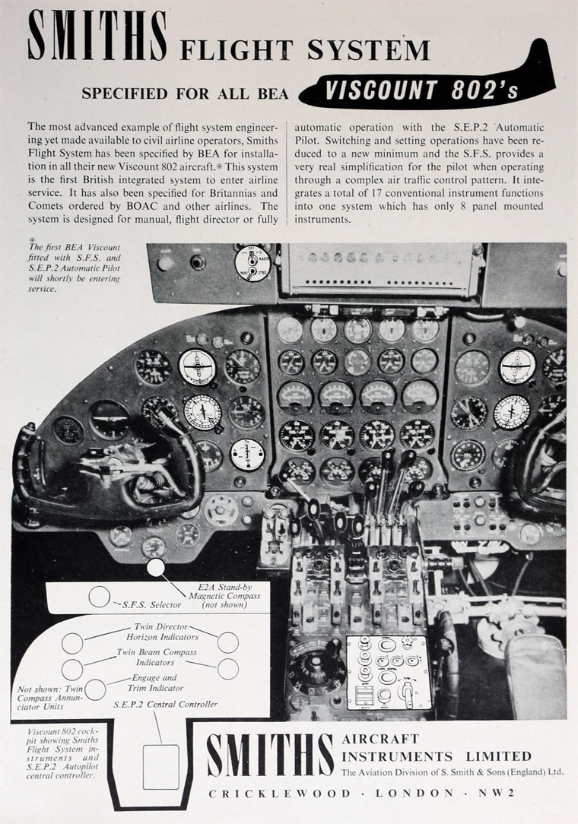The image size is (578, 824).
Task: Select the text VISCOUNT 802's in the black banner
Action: (x=421, y=90)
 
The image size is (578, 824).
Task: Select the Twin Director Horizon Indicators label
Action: (x=162, y=631)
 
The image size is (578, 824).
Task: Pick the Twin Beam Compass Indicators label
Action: (x=156, y=658)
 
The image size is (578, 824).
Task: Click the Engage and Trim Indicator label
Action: (x=154, y=682)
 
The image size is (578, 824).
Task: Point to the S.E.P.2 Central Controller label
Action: (x=165, y=705)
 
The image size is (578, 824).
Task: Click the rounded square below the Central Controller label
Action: (x=161, y=766)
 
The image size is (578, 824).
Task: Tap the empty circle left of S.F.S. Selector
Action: (x=100, y=597)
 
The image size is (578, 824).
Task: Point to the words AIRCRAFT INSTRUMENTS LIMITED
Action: (x=437, y=748)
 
